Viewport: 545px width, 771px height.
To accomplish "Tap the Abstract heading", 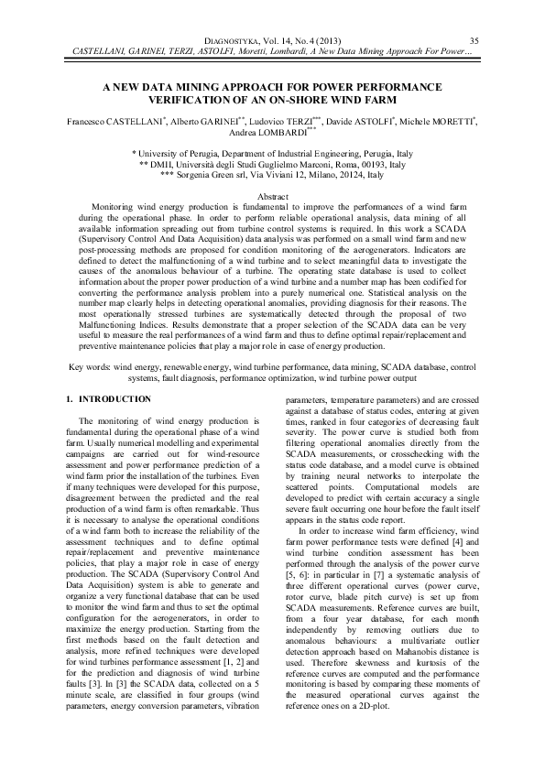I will [x=272, y=198].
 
